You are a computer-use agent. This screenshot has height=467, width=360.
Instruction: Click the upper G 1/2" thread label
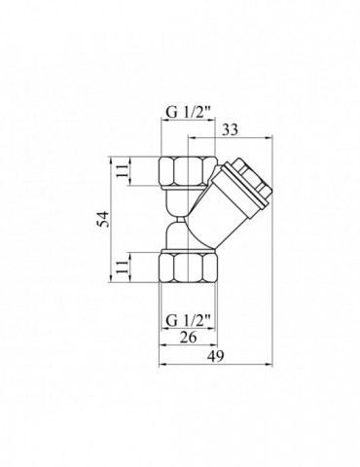189,113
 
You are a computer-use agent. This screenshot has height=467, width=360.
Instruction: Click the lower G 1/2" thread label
189,321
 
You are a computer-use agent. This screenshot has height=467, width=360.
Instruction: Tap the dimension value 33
230,130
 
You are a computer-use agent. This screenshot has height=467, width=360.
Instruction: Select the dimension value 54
103,219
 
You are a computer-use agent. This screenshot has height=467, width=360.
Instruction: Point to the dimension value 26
188,338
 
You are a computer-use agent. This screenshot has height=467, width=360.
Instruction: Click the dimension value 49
216,356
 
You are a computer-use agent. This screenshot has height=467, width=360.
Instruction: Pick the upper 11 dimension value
123,170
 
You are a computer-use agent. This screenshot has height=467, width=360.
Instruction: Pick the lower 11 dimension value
123,267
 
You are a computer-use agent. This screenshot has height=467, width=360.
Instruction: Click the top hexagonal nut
189,171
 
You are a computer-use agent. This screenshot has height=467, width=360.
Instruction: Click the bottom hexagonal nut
189,268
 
